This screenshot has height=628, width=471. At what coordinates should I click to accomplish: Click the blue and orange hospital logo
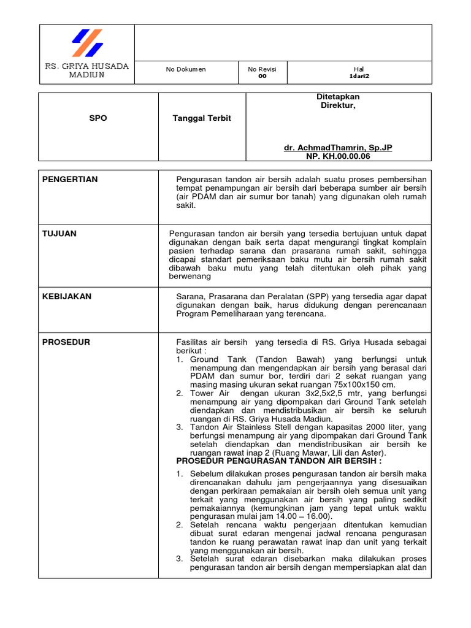pyautogui.click(x=87, y=43)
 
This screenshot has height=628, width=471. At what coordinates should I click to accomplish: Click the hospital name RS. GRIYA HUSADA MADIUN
pyautogui.click(x=86, y=70)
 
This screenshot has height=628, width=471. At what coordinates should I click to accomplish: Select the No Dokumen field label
pyautogui.click(x=186, y=69)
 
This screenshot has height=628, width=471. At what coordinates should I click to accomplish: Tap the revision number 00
pyautogui.click(x=262, y=76)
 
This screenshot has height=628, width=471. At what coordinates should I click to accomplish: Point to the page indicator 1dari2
pyautogui.click(x=359, y=76)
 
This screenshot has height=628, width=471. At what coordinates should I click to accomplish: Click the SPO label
pyautogui.click(x=98, y=118)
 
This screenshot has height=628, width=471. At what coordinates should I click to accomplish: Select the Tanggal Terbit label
pyautogui.click(x=202, y=118)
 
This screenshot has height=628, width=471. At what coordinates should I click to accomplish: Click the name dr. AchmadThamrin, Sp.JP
pyautogui.click(x=338, y=148)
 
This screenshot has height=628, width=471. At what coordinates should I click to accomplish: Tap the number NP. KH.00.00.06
pyautogui.click(x=338, y=156)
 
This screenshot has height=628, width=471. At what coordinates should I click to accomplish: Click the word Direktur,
pyautogui.click(x=338, y=105)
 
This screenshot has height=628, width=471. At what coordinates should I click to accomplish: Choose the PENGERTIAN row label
pyautogui.click(x=70, y=179)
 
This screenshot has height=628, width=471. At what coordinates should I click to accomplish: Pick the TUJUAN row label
pyautogui.click(x=59, y=234)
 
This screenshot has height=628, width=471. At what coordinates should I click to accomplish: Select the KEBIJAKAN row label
pyautogui.click(x=67, y=296)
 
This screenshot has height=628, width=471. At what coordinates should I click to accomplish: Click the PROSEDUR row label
pyautogui.click(x=65, y=342)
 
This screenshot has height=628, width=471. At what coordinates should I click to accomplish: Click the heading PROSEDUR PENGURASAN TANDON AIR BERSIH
pyautogui.click(x=279, y=461)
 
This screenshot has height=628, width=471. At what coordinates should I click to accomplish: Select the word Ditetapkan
pyautogui.click(x=338, y=97)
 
